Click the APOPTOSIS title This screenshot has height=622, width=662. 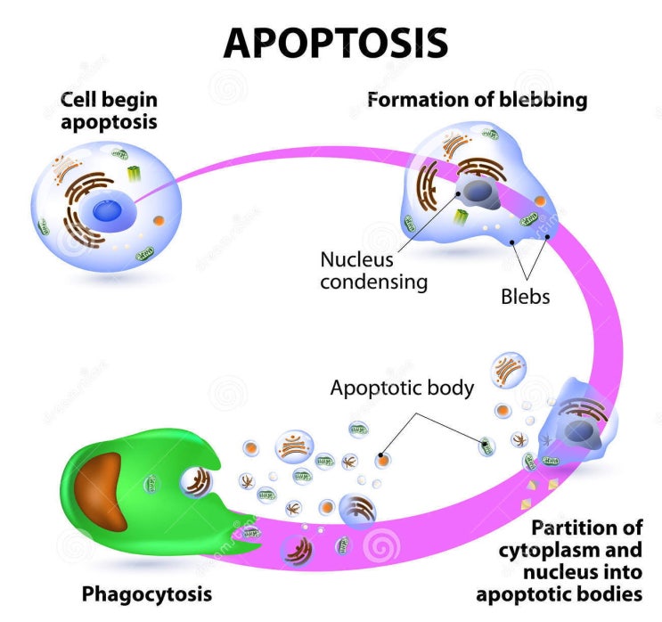[x=335, y=42]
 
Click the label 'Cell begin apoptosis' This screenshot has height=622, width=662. [x=109, y=110]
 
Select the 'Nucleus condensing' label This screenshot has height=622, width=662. [x=373, y=271]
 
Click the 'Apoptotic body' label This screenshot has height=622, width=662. [x=402, y=389]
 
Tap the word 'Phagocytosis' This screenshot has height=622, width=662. [x=147, y=593]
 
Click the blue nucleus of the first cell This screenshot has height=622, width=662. [x=110, y=211]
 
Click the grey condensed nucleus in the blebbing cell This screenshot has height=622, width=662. [x=483, y=192]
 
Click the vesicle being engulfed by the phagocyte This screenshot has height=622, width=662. [x=196, y=483]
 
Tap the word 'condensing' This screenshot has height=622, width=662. [x=374, y=282]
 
